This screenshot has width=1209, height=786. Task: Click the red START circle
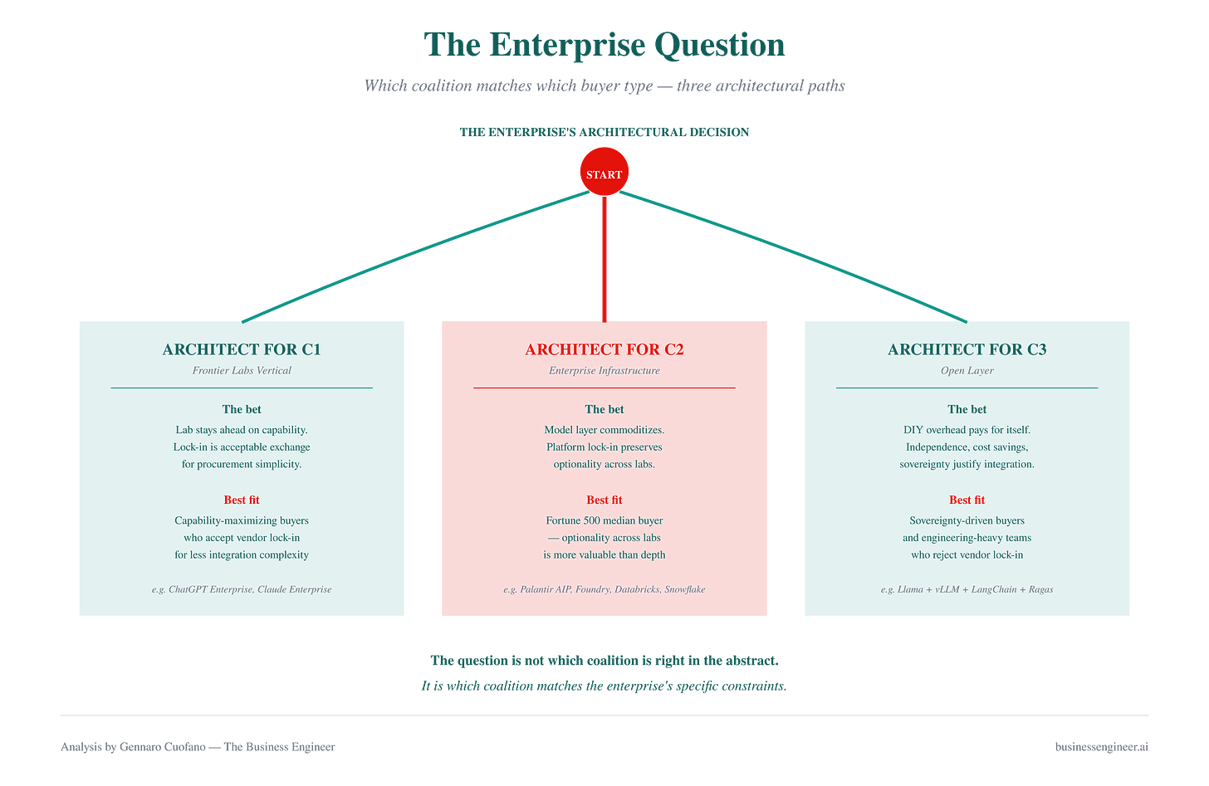click(x=604, y=172)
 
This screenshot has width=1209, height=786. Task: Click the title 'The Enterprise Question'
click(x=604, y=44)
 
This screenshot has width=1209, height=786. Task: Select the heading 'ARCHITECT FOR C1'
click(x=242, y=349)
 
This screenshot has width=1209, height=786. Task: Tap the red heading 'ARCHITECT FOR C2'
click(x=604, y=349)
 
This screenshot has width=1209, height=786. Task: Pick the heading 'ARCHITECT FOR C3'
click(x=967, y=349)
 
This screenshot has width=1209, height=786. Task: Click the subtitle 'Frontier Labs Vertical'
click(x=242, y=371)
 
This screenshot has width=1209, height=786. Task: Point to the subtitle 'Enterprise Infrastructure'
click(x=604, y=371)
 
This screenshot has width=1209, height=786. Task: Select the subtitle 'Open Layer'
click(x=967, y=371)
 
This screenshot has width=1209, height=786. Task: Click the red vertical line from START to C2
click(x=604, y=259)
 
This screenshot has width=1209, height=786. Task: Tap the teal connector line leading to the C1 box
click(x=415, y=256)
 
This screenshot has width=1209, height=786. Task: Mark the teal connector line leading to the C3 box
click(x=794, y=256)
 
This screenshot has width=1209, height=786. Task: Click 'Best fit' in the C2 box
click(x=604, y=500)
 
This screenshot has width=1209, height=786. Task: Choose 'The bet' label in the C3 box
click(x=967, y=409)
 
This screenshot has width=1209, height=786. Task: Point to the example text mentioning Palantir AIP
click(x=604, y=589)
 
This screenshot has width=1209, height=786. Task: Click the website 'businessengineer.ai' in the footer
click(x=1102, y=747)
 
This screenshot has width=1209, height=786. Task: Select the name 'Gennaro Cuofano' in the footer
click(x=163, y=747)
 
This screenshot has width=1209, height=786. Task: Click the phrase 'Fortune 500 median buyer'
click(x=604, y=520)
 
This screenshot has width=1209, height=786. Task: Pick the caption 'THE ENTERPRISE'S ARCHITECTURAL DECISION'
click(x=604, y=132)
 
